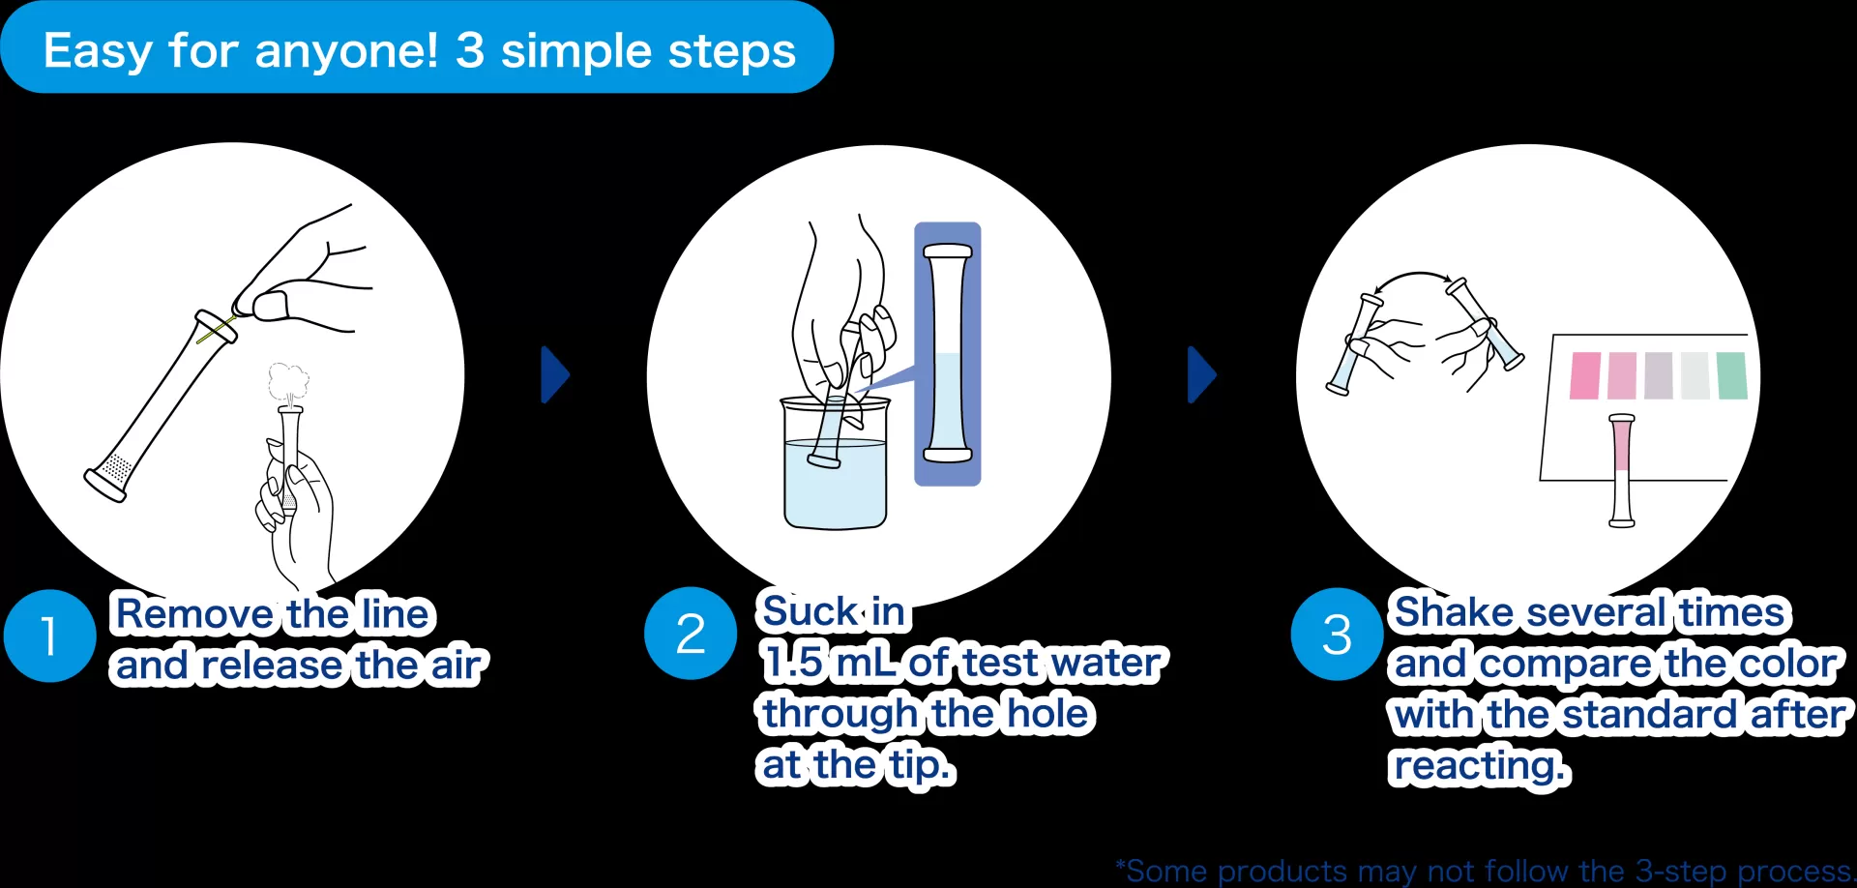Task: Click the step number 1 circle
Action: point(49,636)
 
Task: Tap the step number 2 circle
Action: point(691,634)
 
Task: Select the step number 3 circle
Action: point(1337,635)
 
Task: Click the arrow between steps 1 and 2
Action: point(555,374)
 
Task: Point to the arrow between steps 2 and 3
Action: point(1201,374)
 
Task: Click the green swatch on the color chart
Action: point(1731,375)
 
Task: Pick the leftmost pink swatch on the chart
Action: point(1585,375)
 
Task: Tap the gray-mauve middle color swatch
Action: point(1659,375)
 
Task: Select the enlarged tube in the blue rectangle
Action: point(947,353)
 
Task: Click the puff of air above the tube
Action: point(288,383)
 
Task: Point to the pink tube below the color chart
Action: point(1622,471)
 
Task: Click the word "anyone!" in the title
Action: point(346,51)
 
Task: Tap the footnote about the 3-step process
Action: point(1485,871)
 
